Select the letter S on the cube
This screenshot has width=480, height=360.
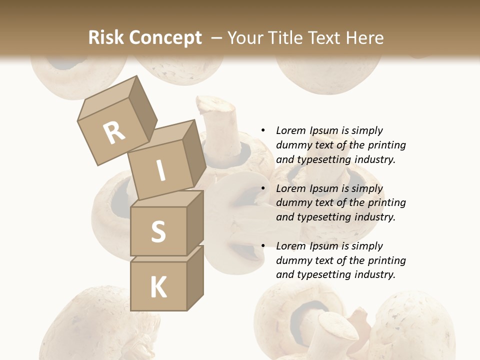[158, 231]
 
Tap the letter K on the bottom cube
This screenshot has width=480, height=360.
[158, 287]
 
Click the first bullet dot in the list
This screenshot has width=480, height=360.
[263, 130]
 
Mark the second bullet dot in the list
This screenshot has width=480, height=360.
[263, 188]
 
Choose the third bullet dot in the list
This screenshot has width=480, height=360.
[263, 246]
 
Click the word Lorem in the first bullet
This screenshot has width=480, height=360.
[291, 130]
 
